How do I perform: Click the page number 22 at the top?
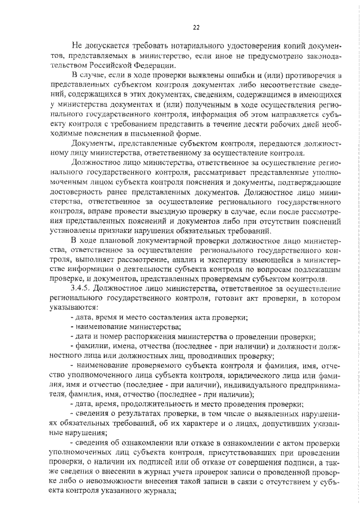pyautogui.click(x=196, y=26)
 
